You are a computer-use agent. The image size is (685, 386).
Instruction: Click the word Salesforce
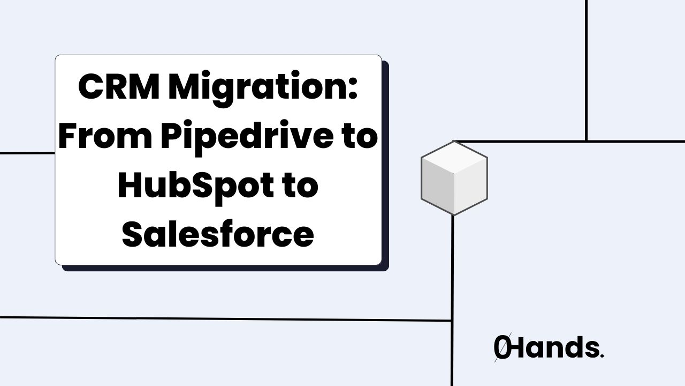[218, 234]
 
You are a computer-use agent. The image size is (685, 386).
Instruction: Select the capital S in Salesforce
[132, 234]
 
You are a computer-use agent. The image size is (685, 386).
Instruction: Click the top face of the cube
[454, 158]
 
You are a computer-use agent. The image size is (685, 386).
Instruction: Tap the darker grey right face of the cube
[470, 188]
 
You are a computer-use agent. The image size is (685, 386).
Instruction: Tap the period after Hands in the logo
[602, 355]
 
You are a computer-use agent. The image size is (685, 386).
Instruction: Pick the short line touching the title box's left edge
[27, 153]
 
